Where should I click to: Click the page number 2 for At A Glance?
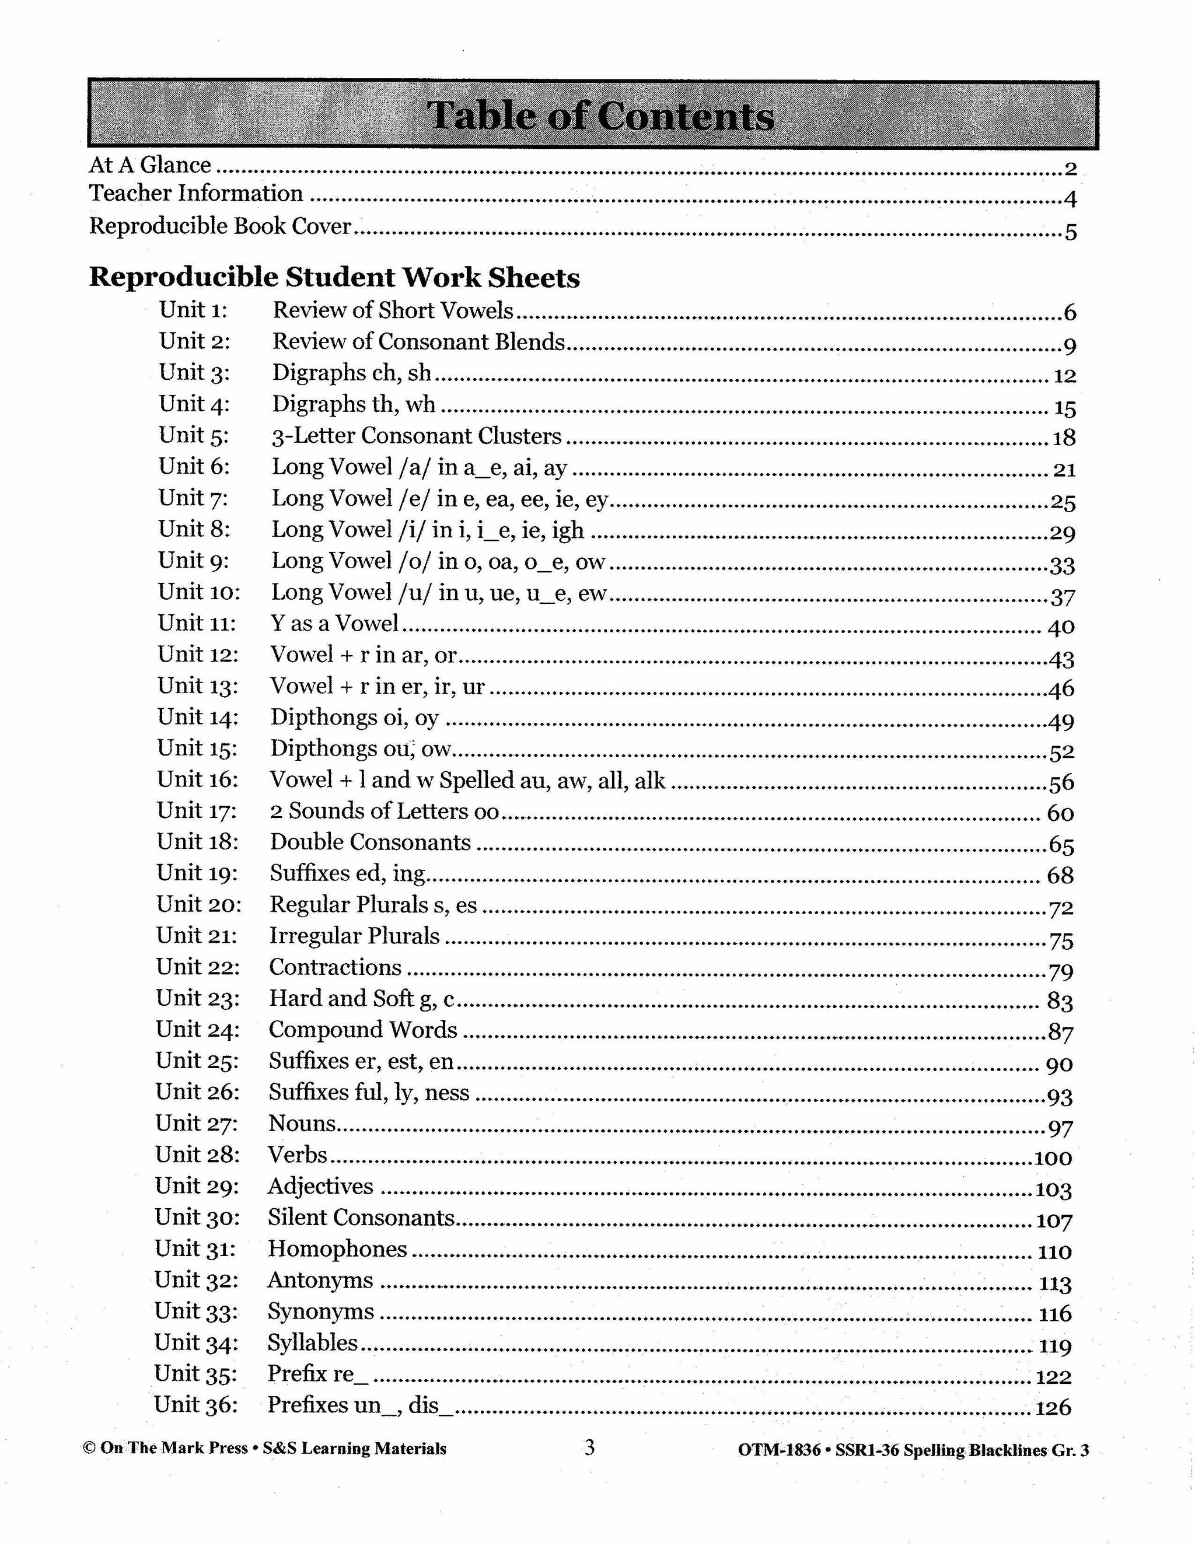[x=1070, y=169]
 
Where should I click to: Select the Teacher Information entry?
[x=196, y=193]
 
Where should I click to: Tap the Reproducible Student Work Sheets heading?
[x=334, y=278]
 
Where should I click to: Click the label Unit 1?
[x=193, y=310]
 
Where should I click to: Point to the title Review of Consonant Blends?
[x=418, y=342]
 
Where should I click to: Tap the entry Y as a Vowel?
[x=335, y=623]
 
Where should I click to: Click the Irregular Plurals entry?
[x=355, y=936]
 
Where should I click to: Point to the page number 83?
[x=1060, y=1002]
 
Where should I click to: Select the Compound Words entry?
[x=363, y=1029]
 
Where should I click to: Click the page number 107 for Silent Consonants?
[x=1054, y=1221]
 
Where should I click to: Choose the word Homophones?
[x=337, y=1248]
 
